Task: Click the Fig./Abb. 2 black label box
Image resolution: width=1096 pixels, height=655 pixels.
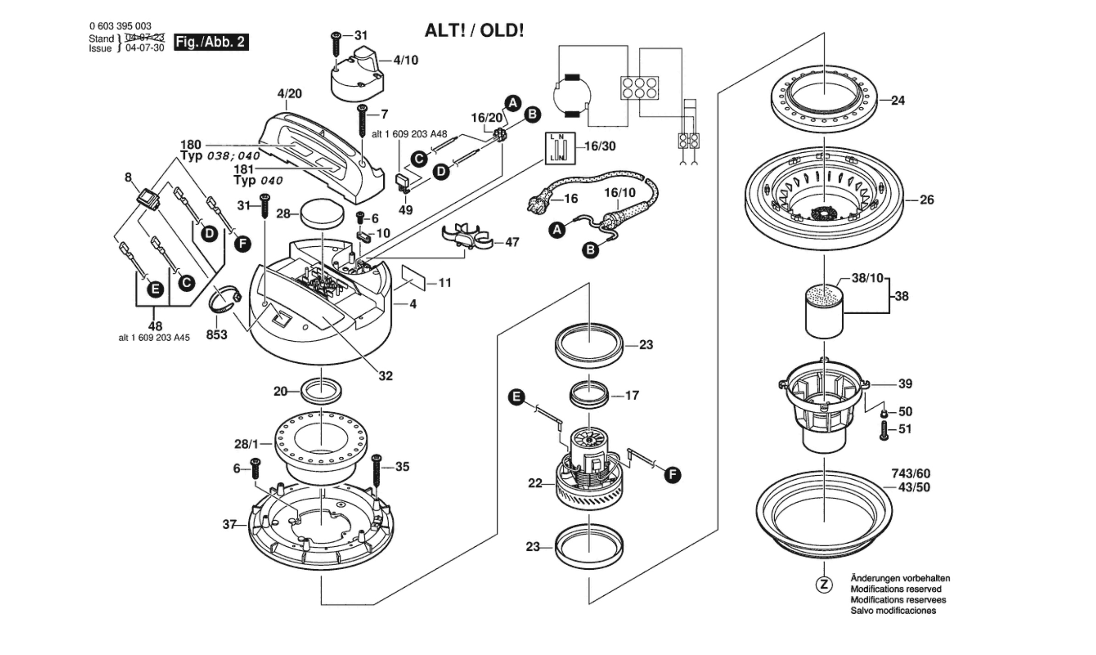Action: tap(211, 42)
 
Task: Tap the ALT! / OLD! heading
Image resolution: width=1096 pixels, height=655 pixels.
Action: tap(474, 31)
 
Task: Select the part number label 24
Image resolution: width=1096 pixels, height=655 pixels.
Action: tap(898, 100)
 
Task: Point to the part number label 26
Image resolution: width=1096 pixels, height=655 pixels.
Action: tap(927, 200)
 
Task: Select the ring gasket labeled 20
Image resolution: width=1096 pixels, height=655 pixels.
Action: tap(321, 391)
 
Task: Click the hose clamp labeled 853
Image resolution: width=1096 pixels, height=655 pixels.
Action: tap(224, 300)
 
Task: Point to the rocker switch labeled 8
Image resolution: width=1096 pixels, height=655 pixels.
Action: tap(148, 200)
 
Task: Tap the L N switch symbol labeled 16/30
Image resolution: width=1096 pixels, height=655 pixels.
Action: tap(560, 148)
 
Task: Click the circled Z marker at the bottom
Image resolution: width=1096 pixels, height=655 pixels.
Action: tap(824, 584)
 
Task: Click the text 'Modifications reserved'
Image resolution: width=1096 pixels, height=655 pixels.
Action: tap(896, 589)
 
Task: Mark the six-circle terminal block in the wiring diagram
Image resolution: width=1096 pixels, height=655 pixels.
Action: tap(639, 88)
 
